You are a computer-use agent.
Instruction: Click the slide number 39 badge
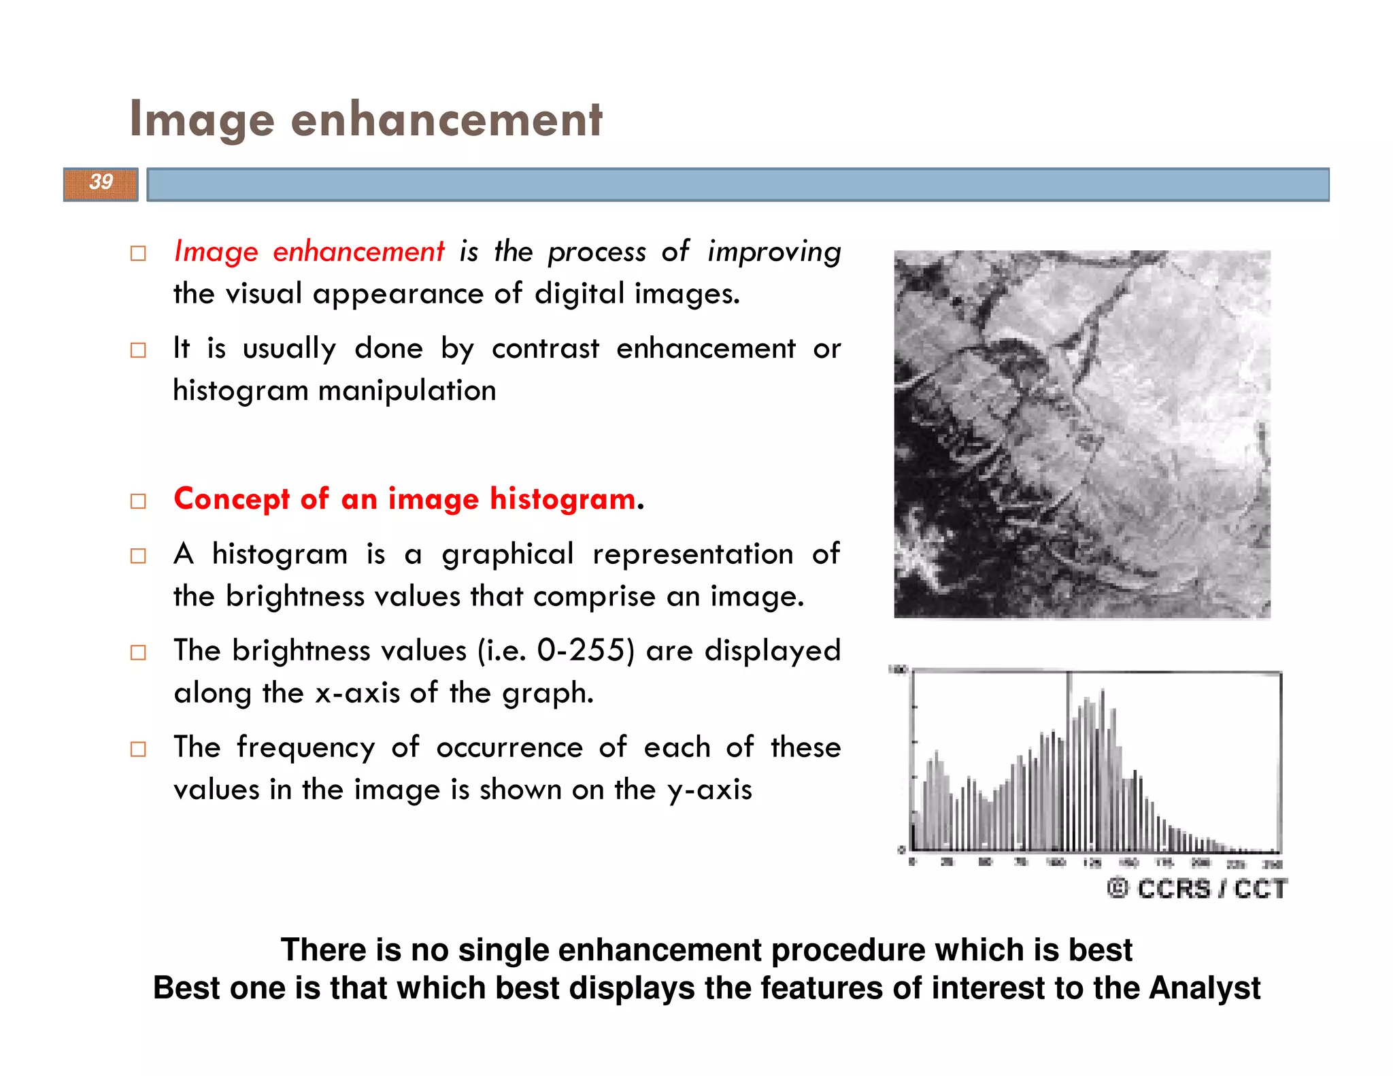pos(101,183)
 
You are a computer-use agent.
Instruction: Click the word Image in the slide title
pos(202,120)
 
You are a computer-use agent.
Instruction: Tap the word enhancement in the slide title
pos(446,120)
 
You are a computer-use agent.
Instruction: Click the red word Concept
pos(232,499)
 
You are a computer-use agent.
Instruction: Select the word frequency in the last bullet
pos(306,748)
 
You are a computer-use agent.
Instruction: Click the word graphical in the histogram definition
pos(507,554)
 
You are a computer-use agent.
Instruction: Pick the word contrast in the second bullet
pos(546,349)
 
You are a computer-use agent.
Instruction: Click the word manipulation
pos(407,391)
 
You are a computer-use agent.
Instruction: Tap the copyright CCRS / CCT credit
pos(1197,888)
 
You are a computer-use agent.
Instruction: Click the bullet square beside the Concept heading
pos(138,501)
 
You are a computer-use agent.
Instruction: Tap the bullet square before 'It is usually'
pos(138,350)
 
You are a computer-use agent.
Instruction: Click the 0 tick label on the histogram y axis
pos(902,850)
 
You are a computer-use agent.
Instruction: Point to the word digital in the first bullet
pos(579,295)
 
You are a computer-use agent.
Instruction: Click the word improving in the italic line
pos(773,252)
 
